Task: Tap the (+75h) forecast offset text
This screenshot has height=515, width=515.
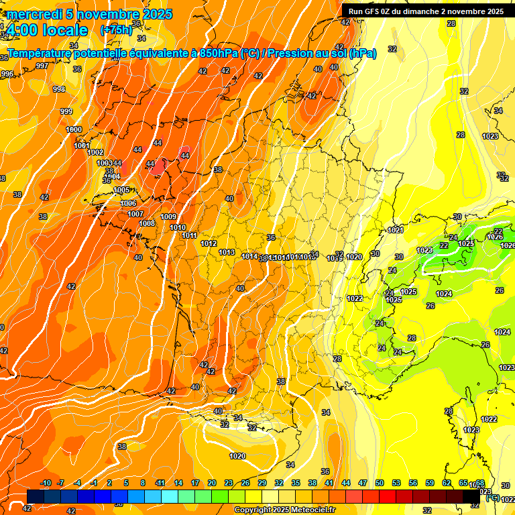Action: click(117, 30)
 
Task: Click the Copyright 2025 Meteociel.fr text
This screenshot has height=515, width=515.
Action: click(285, 510)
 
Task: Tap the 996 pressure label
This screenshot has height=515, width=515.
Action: click(7, 74)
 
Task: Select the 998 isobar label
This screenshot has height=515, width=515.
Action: click(59, 89)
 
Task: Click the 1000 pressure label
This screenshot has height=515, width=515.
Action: click(74, 129)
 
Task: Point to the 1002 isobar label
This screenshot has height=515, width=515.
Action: click(95, 153)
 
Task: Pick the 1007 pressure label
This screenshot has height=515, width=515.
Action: click(135, 214)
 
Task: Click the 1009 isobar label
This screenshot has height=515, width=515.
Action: click(168, 217)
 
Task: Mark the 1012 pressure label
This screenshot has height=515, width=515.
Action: click(209, 243)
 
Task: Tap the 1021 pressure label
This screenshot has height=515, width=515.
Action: click(396, 230)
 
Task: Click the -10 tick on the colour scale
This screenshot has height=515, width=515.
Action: click(46, 483)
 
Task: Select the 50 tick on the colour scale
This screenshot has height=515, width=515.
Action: click(379, 483)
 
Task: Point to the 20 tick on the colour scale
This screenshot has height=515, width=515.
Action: click(211, 483)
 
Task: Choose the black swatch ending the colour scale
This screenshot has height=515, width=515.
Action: click(471, 496)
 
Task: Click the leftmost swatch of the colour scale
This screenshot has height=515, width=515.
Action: click(36, 496)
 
